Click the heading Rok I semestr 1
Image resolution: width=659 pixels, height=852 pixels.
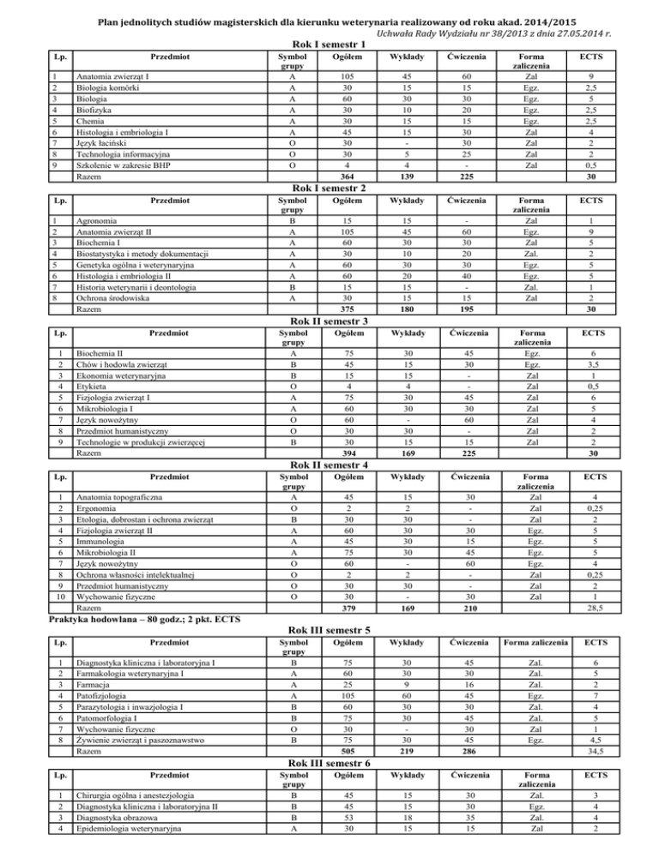[x=329, y=44]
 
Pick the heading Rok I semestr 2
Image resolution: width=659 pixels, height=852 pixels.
[x=329, y=187]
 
